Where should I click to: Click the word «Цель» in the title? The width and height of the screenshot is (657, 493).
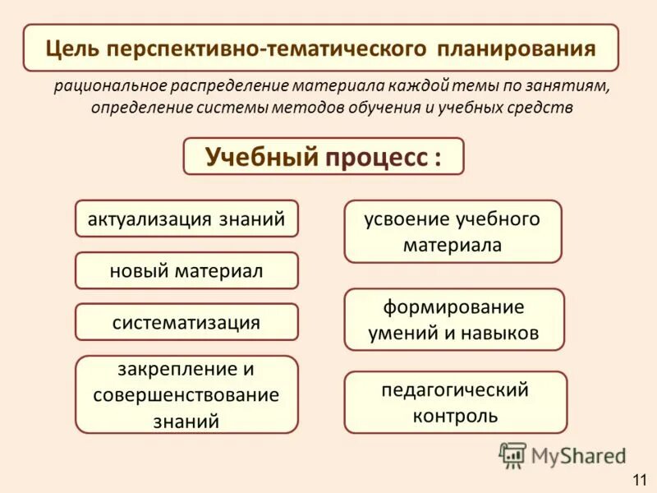[x=68, y=48]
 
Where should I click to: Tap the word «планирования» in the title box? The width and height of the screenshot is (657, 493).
[x=517, y=48]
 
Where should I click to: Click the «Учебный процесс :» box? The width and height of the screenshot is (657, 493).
[x=323, y=156]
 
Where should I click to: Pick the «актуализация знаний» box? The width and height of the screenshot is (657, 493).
[x=186, y=219]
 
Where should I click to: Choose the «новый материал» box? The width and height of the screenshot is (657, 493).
[x=186, y=270]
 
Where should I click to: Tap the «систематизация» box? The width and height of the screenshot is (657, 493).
[x=186, y=322]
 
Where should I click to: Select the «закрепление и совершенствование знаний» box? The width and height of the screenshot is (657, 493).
[x=186, y=394]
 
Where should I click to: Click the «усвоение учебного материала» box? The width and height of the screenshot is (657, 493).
[x=453, y=232]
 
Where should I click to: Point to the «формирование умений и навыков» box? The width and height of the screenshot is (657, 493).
[x=454, y=320]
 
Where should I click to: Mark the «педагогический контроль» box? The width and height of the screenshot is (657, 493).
[x=455, y=402]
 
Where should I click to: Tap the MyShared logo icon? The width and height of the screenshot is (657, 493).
[x=512, y=455]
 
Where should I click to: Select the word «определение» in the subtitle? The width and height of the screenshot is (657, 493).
[x=135, y=108]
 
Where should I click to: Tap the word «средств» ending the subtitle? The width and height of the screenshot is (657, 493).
[x=544, y=108]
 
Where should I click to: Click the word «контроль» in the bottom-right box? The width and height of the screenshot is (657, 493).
[x=455, y=415]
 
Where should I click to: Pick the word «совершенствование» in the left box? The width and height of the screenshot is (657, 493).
[x=186, y=395]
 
